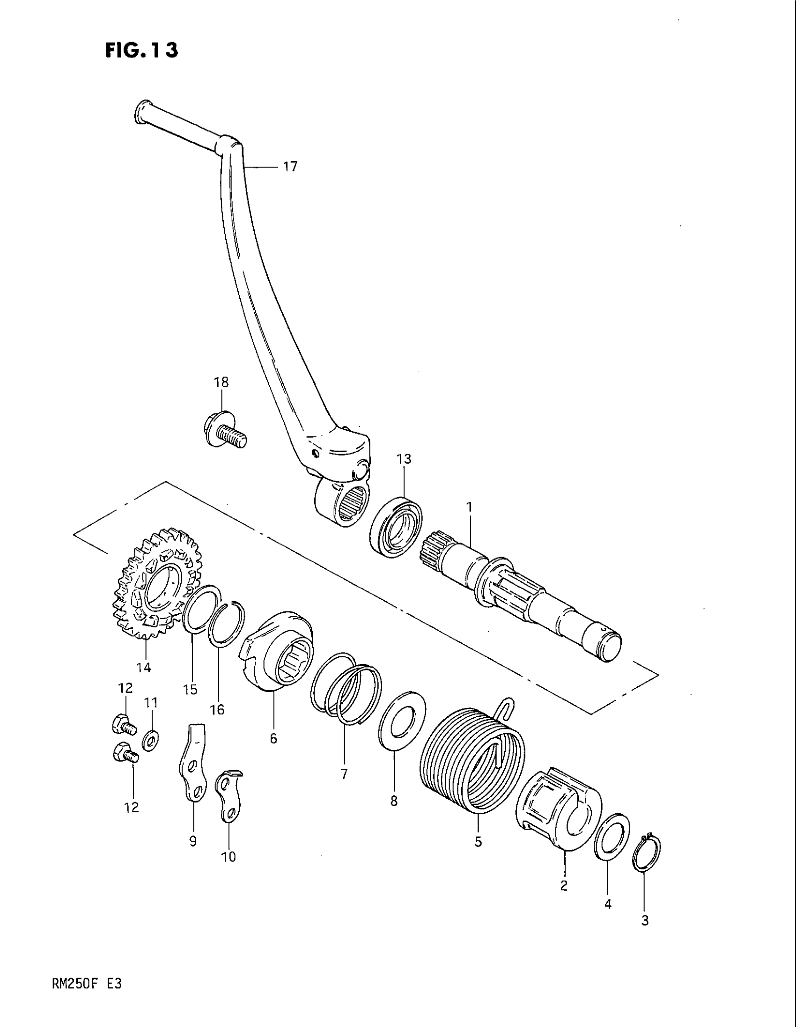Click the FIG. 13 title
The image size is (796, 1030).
(x=141, y=50)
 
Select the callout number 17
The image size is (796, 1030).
(x=290, y=167)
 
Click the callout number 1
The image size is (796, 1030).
(x=469, y=508)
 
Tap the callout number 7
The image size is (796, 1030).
(x=344, y=774)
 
